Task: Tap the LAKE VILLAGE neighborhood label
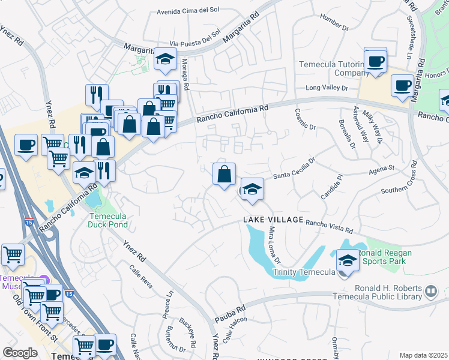(273, 220)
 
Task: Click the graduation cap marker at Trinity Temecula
(347, 261)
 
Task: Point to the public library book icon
(430, 292)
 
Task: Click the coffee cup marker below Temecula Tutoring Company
(376, 62)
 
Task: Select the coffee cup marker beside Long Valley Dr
(402, 85)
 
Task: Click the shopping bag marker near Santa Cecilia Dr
(224, 175)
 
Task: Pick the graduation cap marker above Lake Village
(253, 190)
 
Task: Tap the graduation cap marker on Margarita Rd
(164, 59)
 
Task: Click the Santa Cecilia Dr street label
(294, 169)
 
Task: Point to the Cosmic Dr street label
(305, 119)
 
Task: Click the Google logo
(20, 353)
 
